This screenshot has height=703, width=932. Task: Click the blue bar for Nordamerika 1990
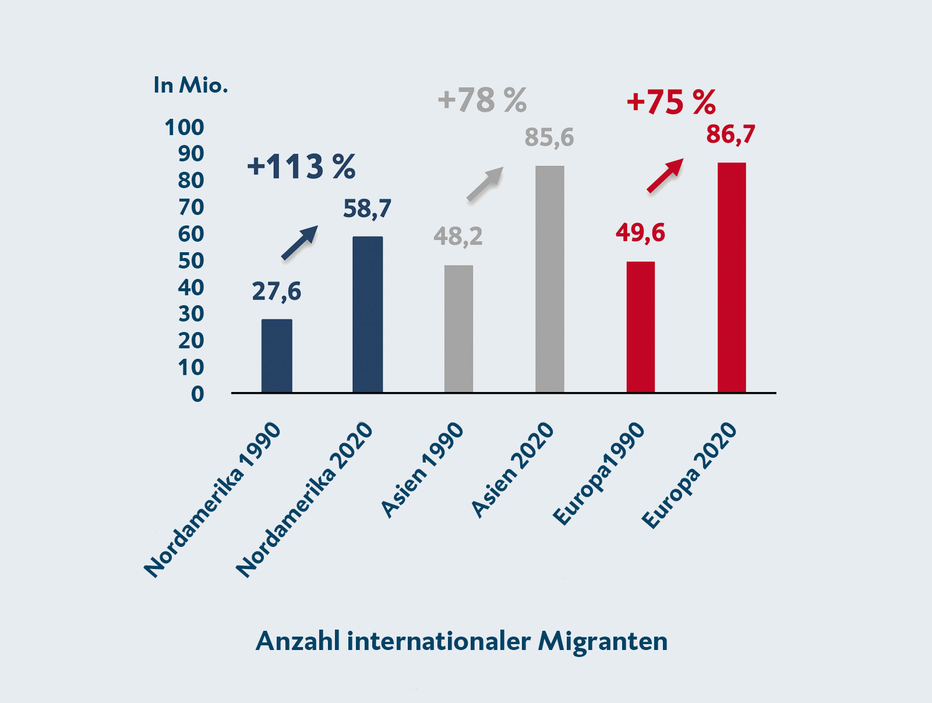click(x=277, y=356)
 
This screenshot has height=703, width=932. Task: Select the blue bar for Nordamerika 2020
click(x=368, y=315)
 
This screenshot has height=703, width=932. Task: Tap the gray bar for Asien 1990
click(x=458, y=329)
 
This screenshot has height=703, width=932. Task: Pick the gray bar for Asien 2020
click(x=549, y=280)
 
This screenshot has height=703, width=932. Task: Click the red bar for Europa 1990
click(x=640, y=327)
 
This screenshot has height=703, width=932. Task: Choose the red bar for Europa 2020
click(x=731, y=278)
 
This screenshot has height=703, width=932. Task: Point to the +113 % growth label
click(x=301, y=167)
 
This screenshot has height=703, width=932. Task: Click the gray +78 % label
click(x=482, y=100)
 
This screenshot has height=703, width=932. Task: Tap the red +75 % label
click(x=670, y=103)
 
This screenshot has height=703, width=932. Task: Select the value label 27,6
click(x=276, y=291)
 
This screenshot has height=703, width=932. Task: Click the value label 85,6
click(x=549, y=137)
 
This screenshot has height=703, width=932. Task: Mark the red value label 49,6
click(x=640, y=232)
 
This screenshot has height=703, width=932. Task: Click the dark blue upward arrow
click(x=299, y=242)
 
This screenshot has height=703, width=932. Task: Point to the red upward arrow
click(x=665, y=175)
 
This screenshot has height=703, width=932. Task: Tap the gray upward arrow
click(x=485, y=184)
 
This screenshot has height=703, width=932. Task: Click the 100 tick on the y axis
click(x=184, y=128)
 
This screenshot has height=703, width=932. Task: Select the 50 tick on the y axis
click(x=190, y=261)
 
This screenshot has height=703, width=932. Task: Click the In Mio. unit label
click(x=190, y=86)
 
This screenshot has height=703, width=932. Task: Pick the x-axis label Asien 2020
click(x=513, y=470)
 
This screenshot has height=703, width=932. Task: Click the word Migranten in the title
click(x=602, y=641)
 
